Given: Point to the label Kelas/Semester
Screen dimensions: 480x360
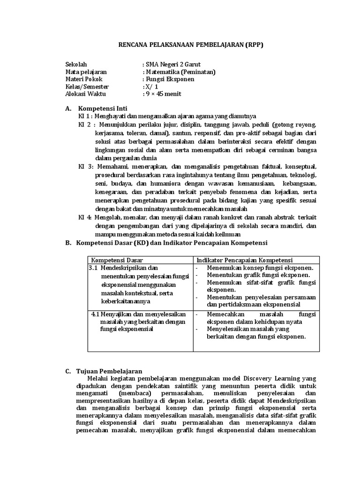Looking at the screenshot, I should tap(87, 87).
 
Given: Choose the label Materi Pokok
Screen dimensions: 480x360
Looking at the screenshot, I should tap(83, 79).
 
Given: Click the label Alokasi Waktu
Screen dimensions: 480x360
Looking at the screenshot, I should tap(85, 94).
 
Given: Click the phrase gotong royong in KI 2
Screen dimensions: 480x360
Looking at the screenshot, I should tap(295, 125).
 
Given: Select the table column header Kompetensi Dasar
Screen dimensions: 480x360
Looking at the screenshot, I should tap(117, 260).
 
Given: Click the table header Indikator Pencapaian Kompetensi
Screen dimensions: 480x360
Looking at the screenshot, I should tap(244, 260).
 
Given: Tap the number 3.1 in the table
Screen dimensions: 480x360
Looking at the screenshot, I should tap(92, 268).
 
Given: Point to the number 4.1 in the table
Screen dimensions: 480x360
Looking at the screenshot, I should tap(95, 314).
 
